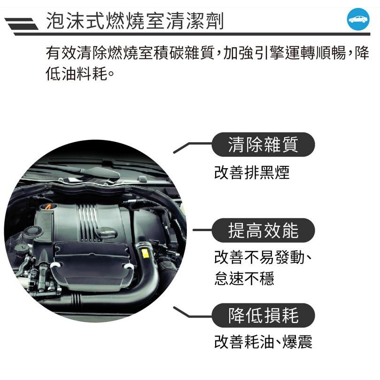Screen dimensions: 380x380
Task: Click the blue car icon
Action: point(358,19)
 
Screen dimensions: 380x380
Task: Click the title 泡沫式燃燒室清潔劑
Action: point(135,21)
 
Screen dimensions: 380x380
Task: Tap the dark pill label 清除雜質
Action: point(263,145)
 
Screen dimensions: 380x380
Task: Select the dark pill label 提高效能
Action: point(263,230)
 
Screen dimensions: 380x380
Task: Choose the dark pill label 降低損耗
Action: point(263,315)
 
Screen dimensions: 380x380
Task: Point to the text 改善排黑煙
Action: point(252,172)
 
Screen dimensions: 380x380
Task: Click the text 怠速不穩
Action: point(244,278)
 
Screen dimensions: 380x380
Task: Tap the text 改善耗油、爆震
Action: point(263,341)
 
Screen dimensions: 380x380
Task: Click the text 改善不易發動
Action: point(259,257)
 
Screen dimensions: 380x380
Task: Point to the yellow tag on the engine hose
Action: point(145,253)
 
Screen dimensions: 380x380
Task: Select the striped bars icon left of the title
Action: point(21,24)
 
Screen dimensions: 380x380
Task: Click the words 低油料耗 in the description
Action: point(77,74)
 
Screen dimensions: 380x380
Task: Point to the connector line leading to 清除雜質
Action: point(193,147)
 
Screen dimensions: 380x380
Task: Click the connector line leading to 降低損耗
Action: point(193,313)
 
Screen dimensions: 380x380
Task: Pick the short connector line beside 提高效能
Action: point(202,230)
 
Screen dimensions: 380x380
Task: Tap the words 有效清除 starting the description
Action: point(77,53)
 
